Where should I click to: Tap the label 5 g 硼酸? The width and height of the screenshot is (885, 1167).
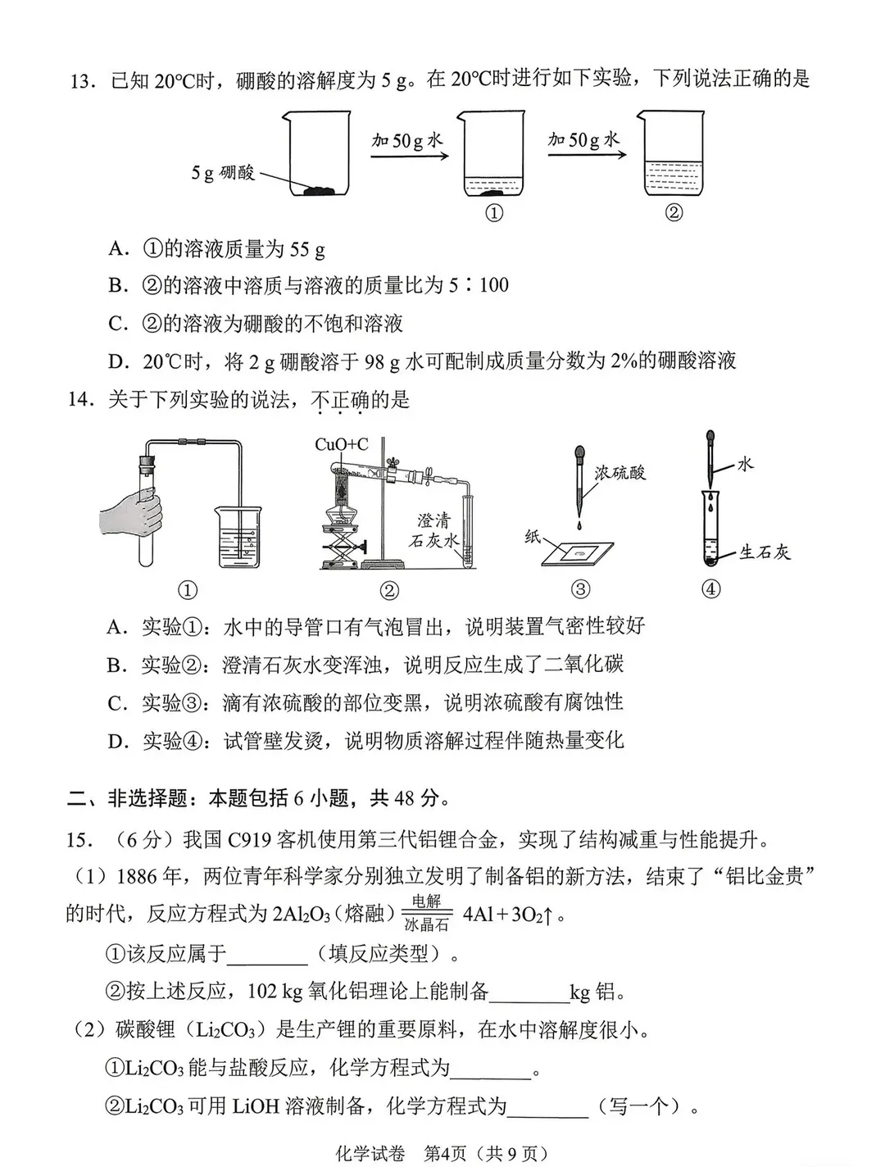[x=222, y=173]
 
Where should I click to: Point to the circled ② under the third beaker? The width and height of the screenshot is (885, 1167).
[x=673, y=212]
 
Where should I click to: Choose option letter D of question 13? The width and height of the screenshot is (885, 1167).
[x=119, y=361]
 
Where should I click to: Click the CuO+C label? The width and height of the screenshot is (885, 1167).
[x=342, y=444]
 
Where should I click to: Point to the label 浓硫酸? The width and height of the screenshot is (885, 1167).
[x=620, y=473]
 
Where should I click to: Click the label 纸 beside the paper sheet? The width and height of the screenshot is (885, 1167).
[x=533, y=537]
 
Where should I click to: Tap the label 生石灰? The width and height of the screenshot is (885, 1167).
[x=765, y=552]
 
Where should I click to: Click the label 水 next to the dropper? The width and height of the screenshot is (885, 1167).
[x=744, y=464]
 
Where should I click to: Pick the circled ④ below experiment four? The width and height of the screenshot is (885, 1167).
[x=710, y=589]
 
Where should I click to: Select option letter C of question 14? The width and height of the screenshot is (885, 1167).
[x=117, y=703]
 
